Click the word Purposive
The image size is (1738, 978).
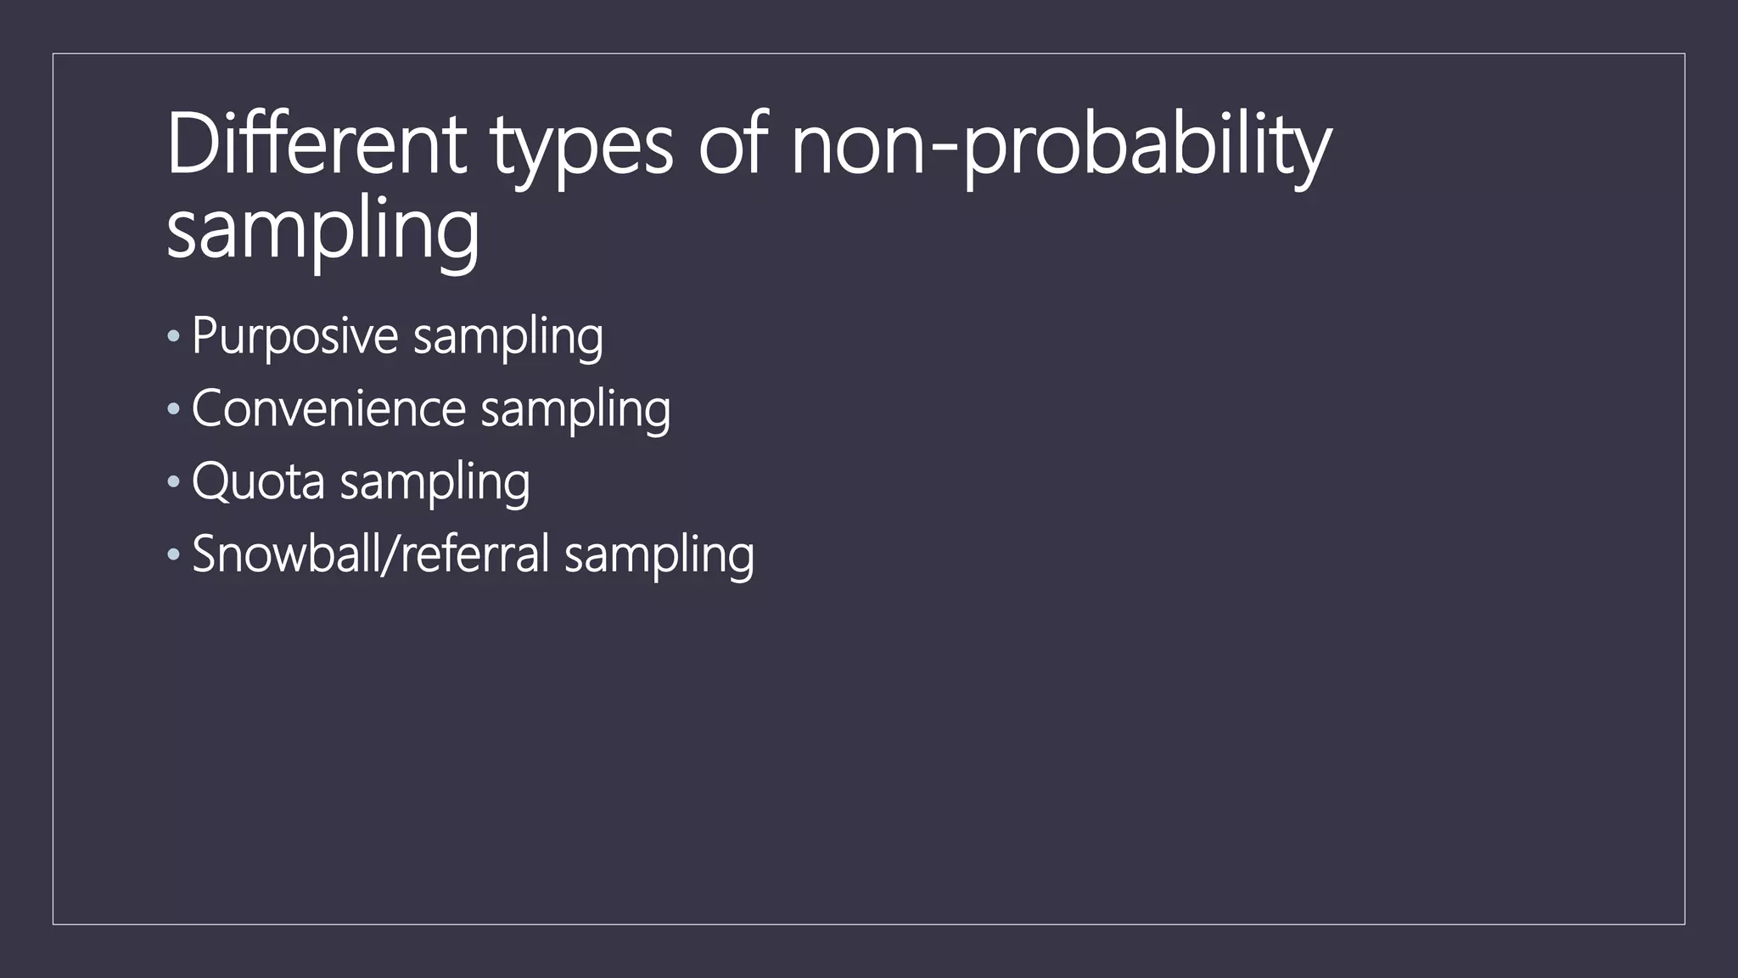(294, 336)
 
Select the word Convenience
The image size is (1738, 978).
(328, 409)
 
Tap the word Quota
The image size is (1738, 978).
(258, 482)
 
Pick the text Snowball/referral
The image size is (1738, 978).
(371, 554)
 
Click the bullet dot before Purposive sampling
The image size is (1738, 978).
(174, 337)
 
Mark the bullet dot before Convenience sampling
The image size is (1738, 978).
(174, 410)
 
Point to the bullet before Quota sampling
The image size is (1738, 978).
(174, 482)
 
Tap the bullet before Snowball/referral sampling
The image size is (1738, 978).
(174, 555)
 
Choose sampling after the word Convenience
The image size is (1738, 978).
(575, 411)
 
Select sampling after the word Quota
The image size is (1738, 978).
(434, 484)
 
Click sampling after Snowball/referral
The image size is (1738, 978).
(659, 556)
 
